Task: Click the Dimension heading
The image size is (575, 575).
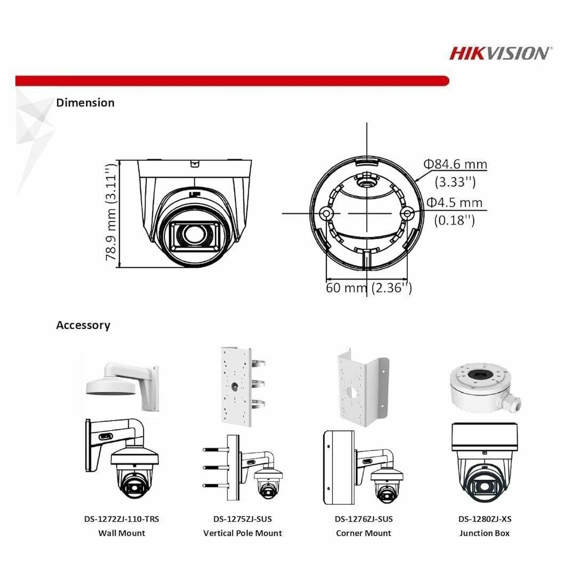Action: point(85,102)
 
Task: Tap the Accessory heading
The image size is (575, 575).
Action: point(83,325)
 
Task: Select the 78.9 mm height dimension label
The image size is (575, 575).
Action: point(111,213)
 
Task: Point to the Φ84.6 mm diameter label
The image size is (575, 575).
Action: point(455,165)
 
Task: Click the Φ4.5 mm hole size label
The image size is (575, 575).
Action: point(455,203)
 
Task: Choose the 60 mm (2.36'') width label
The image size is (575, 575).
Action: point(368,288)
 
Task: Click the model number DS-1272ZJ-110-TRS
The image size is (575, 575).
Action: point(121,519)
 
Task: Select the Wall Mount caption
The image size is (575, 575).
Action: point(121,533)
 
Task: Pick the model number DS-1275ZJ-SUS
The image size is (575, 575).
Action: point(242,519)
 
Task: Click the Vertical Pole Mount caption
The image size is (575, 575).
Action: point(242,533)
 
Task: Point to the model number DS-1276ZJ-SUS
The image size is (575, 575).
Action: point(364,519)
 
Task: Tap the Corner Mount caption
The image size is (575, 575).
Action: point(364,533)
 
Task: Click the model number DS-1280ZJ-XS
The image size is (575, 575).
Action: point(484,519)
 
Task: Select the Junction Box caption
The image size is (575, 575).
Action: point(484,533)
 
